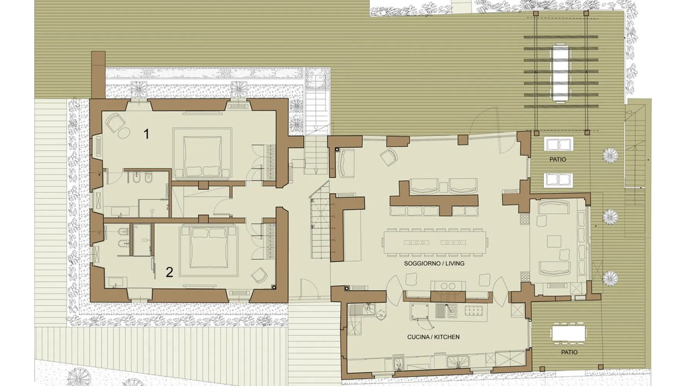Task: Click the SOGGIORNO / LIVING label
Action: click(x=434, y=264)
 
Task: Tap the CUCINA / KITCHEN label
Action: click(x=433, y=337)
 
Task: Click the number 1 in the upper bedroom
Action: click(x=146, y=134)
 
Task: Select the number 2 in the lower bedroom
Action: click(x=169, y=272)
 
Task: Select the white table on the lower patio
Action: click(x=568, y=334)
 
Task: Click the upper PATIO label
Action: click(x=558, y=159)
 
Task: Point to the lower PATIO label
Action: click(x=569, y=352)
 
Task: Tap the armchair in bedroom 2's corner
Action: click(x=258, y=275)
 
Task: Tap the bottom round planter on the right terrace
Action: click(x=610, y=278)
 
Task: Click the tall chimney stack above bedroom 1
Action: click(x=98, y=75)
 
